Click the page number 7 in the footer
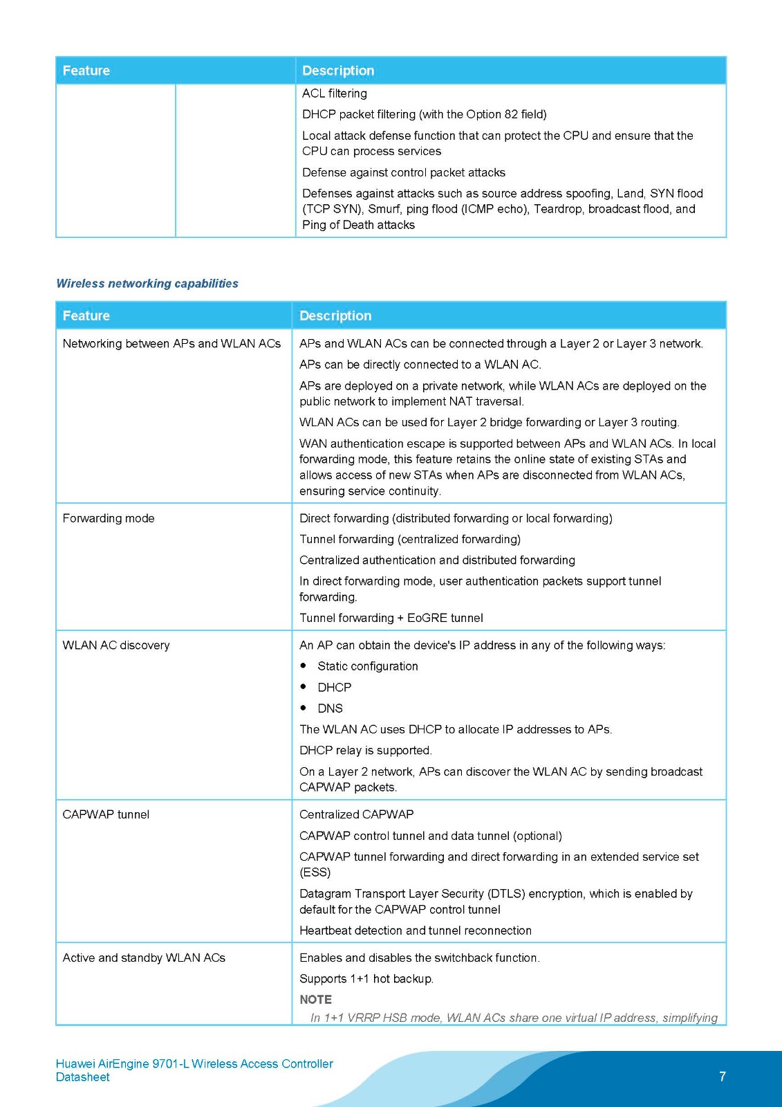point(723,1077)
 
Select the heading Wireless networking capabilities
point(147,284)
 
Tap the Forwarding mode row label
point(109,518)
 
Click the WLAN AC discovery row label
point(116,645)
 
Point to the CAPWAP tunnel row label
point(106,814)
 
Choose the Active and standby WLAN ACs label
point(144,958)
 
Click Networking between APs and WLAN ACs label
point(171,343)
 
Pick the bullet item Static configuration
point(367,666)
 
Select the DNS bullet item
point(330,708)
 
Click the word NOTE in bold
point(315,1000)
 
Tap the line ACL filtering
point(335,93)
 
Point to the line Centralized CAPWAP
point(356,814)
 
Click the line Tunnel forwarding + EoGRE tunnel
point(391,618)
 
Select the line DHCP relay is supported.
point(365,750)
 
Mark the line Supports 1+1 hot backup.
point(366,979)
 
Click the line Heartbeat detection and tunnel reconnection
point(415,931)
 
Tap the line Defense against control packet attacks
point(403,172)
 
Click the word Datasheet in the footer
point(83,1077)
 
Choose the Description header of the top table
point(338,71)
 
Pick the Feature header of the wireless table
point(86,315)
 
